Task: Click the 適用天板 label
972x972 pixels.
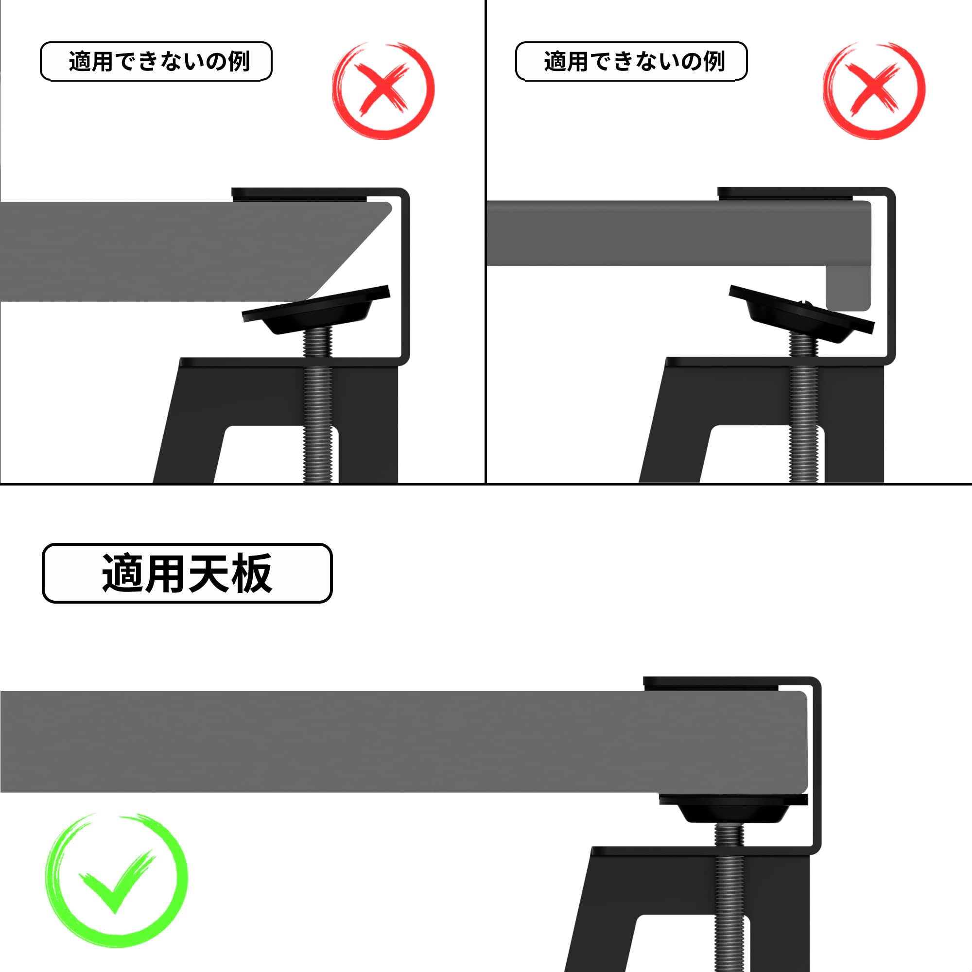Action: (x=187, y=573)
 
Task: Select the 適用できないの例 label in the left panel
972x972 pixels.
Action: (x=156, y=61)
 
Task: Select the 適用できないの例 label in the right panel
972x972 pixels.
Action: (x=631, y=61)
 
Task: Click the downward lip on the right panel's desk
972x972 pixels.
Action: (x=848, y=289)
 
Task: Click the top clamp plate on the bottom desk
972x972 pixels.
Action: (x=711, y=684)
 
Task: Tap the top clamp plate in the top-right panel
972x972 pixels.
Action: (x=785, y=194)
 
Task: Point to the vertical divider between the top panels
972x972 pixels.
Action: (x=486, y=242)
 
